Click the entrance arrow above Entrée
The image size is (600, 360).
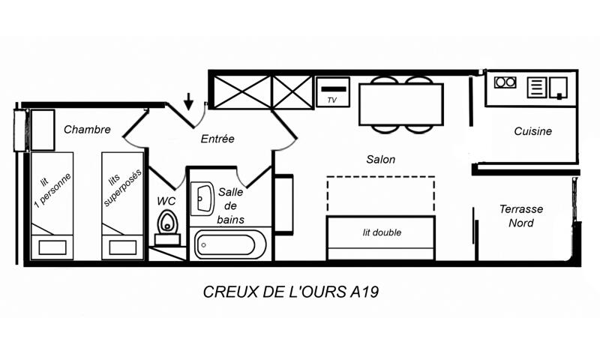188,101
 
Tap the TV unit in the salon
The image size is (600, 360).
332,91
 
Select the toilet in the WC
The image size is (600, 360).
167,226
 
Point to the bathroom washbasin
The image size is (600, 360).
202,199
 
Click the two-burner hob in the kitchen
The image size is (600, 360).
505,82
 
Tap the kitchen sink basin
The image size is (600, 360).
558,88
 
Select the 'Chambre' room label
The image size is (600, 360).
87,129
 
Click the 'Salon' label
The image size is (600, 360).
381,159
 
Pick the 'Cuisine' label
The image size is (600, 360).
533,131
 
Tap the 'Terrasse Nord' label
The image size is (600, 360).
520,216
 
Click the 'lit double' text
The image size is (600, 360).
382,232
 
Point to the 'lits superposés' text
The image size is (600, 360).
121,187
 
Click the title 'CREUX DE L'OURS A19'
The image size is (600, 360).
291,292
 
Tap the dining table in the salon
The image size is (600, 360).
401,104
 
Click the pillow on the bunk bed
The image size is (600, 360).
122,247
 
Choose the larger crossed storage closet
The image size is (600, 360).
242,91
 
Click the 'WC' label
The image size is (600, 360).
166,201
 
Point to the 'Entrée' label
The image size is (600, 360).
217,139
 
